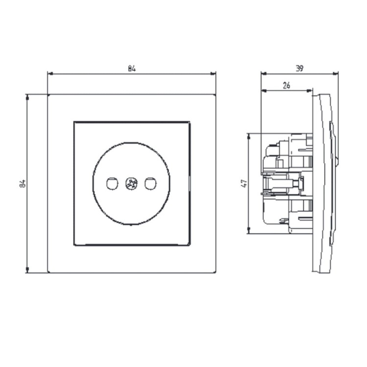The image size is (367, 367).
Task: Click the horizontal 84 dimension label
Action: tap(132, 69)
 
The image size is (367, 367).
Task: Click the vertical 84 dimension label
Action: tap(22, 183)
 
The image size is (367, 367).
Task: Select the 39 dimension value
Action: tap(299, 69)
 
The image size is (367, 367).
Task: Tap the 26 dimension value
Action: tap(286, 86)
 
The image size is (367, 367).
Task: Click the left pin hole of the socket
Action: tap(112, 183)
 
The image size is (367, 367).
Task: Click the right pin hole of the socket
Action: tap(151, 183)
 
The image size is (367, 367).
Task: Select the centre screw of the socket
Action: tap(131, 183)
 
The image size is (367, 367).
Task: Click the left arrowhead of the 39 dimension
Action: tap(264, 74)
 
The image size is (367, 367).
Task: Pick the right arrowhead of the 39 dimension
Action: tap(335, 74)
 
